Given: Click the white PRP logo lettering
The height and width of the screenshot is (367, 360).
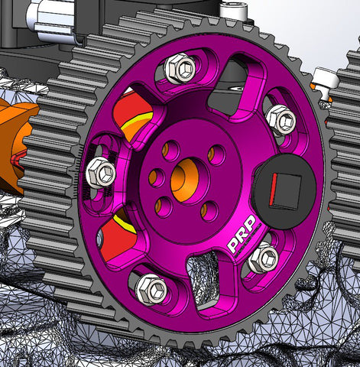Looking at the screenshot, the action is [x=241, y=233].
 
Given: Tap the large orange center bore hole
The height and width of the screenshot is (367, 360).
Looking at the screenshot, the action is [x=185, y=180].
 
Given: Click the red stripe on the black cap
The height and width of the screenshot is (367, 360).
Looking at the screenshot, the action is [x=273, y=190].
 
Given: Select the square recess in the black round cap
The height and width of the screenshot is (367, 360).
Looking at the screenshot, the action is [x=285, y=190].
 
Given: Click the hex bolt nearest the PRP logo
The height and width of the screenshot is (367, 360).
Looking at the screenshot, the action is [x=264, y=258].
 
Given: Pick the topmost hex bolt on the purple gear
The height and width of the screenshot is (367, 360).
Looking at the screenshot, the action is [x=180, y=67].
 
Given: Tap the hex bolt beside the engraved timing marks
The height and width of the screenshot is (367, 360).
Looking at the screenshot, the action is [x=101, y=173].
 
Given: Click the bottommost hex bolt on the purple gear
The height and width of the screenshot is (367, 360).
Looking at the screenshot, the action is [x=151, y=289].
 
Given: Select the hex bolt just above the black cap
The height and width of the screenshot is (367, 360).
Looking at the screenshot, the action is [x=281, y=120].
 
